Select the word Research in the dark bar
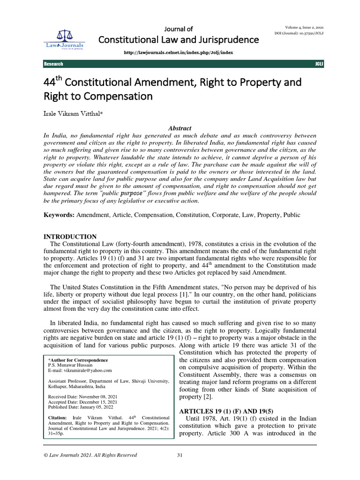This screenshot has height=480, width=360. (x=53, y=64)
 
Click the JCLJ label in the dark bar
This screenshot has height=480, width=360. (x=320, y=64)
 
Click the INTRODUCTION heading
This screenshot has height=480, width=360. (x=70, y=237)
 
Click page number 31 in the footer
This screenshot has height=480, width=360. (x=180, y=455)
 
